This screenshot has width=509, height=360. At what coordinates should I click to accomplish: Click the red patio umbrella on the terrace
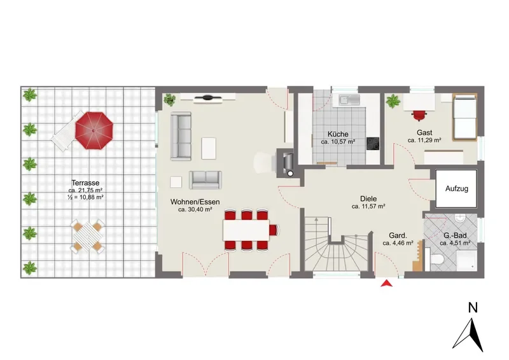pos(94,130)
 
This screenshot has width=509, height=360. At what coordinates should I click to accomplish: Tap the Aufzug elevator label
pos(456,189)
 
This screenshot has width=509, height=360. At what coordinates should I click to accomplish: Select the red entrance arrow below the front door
pos(386,284)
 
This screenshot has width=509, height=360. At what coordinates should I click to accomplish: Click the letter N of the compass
pos(473,308)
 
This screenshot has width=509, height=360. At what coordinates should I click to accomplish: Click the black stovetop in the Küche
pos(373,144)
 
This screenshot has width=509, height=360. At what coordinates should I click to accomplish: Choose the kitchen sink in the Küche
pos(349,100)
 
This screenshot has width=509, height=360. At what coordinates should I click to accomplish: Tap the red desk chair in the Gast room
pos(419,116)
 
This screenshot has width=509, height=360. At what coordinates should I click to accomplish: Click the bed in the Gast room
pos(465,117)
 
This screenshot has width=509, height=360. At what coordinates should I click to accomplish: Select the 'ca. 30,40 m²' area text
pos(195,210)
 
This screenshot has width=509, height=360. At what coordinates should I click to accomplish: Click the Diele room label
pos(368,198)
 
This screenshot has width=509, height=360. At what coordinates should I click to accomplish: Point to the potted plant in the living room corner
pos(169,100)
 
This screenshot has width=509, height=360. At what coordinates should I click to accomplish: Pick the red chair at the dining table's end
pos(275,230)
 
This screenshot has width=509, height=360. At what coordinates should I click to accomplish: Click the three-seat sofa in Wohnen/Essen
pos(181,136)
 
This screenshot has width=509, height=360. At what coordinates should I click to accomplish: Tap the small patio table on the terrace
pos(87,235)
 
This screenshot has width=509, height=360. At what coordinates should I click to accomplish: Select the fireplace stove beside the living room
pos(287,163)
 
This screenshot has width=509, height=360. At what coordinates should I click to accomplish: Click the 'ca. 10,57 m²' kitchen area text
pos(338,142)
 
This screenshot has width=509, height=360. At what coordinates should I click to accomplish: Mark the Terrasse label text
pos(85,183)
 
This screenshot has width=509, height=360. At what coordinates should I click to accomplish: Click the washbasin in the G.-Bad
pos(460,218)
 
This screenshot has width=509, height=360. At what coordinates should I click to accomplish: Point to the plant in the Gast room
pos(393,101)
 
